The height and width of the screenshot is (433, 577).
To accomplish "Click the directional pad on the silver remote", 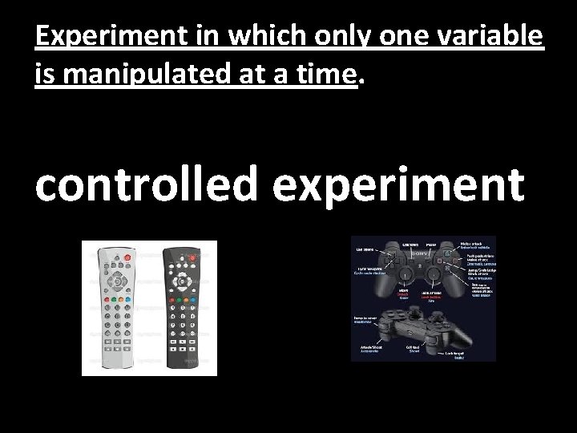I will (116, 280).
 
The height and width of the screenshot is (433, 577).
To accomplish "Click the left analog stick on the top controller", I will (408, 272).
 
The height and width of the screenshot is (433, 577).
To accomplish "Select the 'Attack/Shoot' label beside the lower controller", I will (370, 348).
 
